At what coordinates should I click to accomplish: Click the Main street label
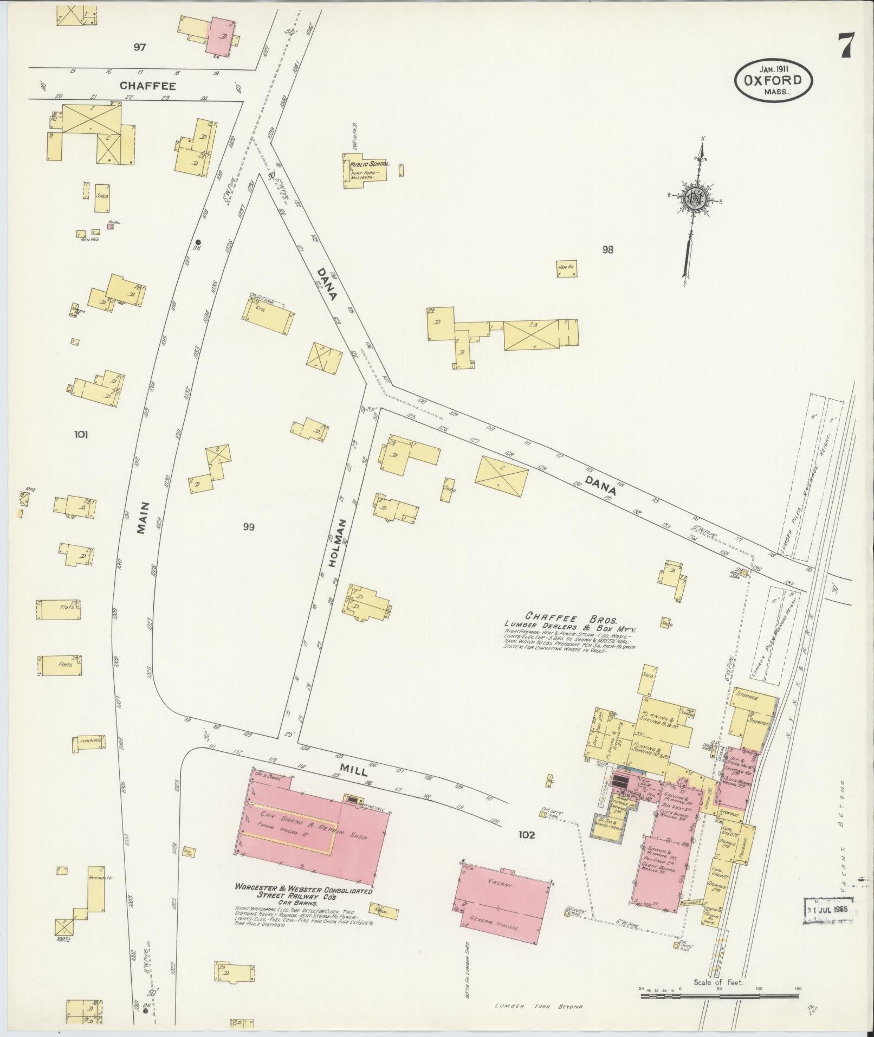pyautogui.click(x=143, y=518)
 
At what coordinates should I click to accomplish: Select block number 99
pyautogui.click(x=249, y=527)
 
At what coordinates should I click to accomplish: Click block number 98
pyautogui.click(x=607, y=249)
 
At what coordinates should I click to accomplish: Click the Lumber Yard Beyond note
pyautogui.click(x=538, y=1007)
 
